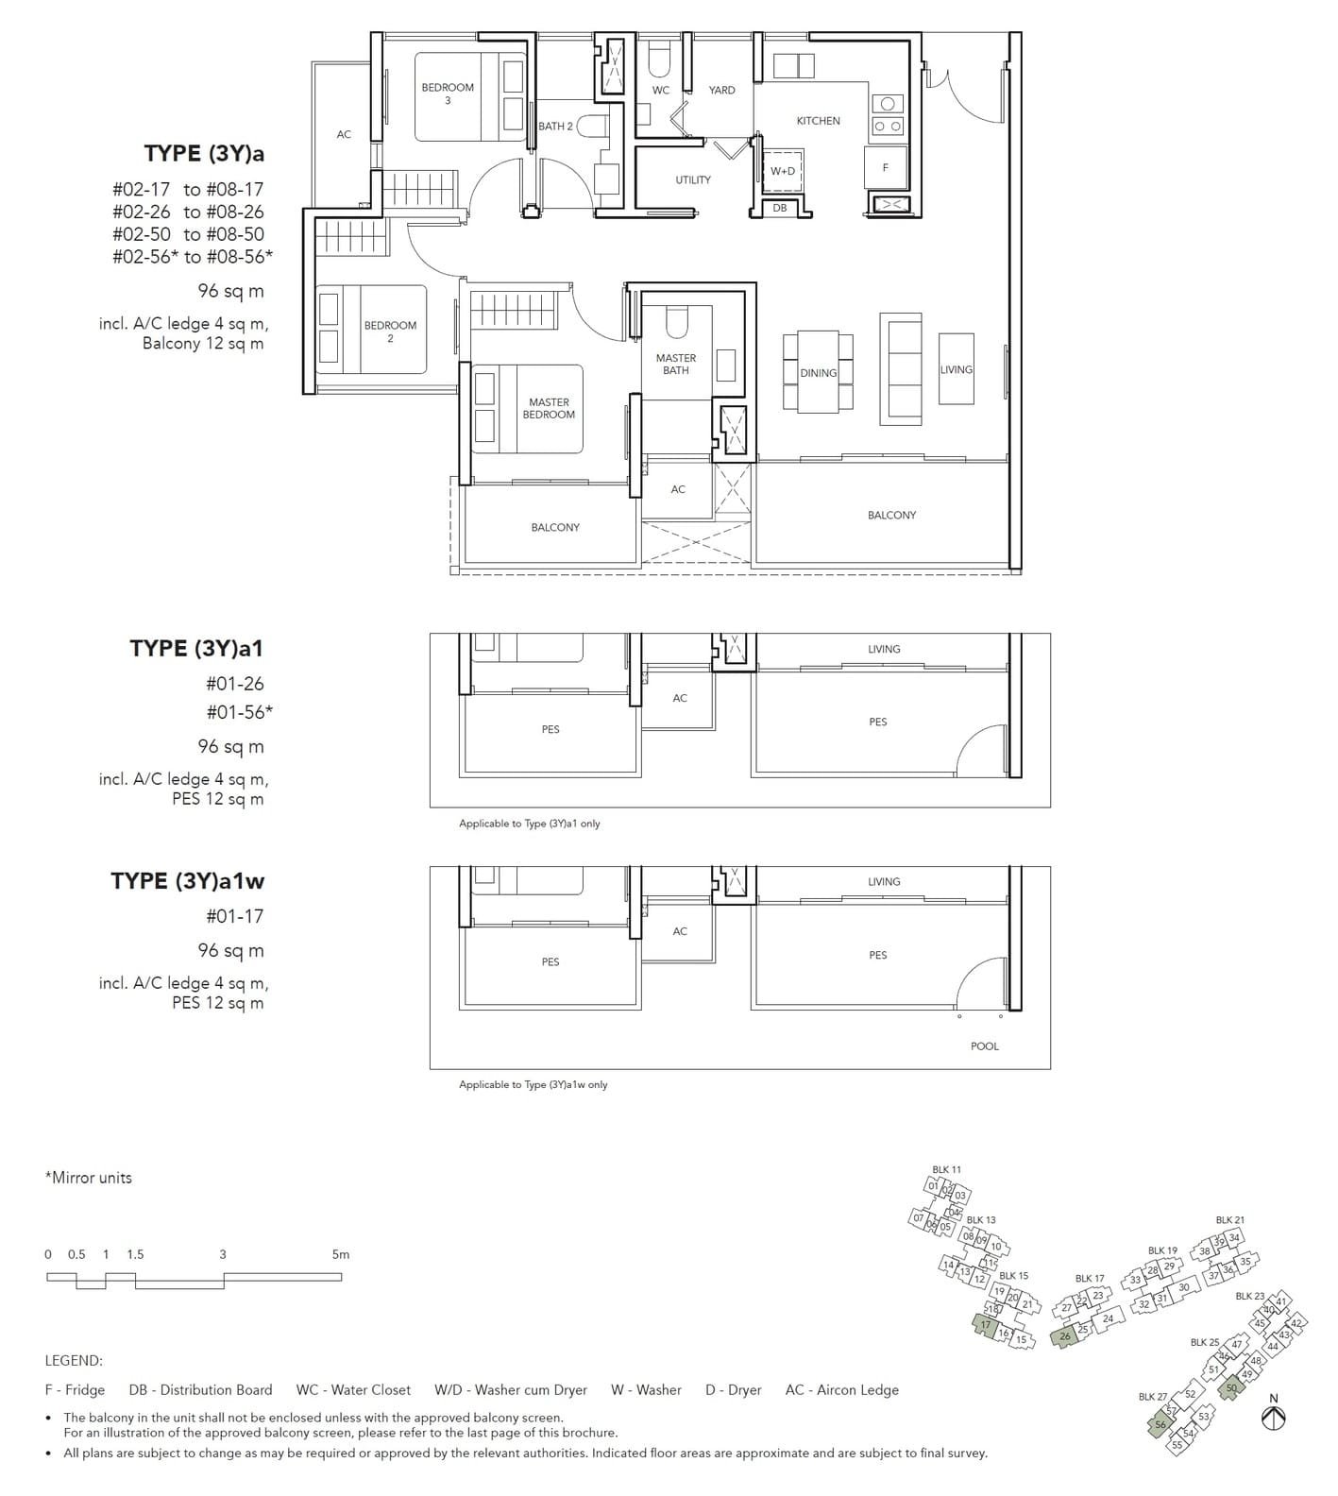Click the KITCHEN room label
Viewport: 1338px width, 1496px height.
[x=818, y=121]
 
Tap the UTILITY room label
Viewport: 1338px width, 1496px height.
[x=693, y=179]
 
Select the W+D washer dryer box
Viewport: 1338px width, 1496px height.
[x=783, y=171]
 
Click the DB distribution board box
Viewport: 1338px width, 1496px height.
[x=780, y=208]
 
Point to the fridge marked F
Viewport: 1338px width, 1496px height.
[x=886, y=167]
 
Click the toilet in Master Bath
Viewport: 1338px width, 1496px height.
[x=677, y=323]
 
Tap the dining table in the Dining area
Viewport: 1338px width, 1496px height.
[x=818, y=372]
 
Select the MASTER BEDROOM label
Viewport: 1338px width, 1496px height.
[x=549, y=408]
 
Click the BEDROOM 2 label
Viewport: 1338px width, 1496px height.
[x=390, y=331]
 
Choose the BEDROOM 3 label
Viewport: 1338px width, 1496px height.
[x=448, y=93]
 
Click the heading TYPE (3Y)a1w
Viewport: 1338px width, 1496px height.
[x=188, y=880]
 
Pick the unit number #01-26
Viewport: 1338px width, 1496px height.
[x=235, y=684]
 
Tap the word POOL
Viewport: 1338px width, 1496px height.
[x=984, y=1045]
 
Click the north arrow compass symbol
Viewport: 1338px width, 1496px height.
[x=1274, y=1417]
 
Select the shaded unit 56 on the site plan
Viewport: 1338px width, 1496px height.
[x=1160, y=1425]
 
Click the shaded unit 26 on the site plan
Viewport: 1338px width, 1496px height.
[x=1065, y=1336]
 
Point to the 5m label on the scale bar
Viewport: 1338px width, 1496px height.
[x=341, y=1254]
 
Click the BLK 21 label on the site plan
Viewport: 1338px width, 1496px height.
[x=1229, y=1220]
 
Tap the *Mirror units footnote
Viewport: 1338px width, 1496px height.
[x=89, y=1178]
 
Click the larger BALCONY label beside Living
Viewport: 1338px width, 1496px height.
[x=891, y=515]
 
